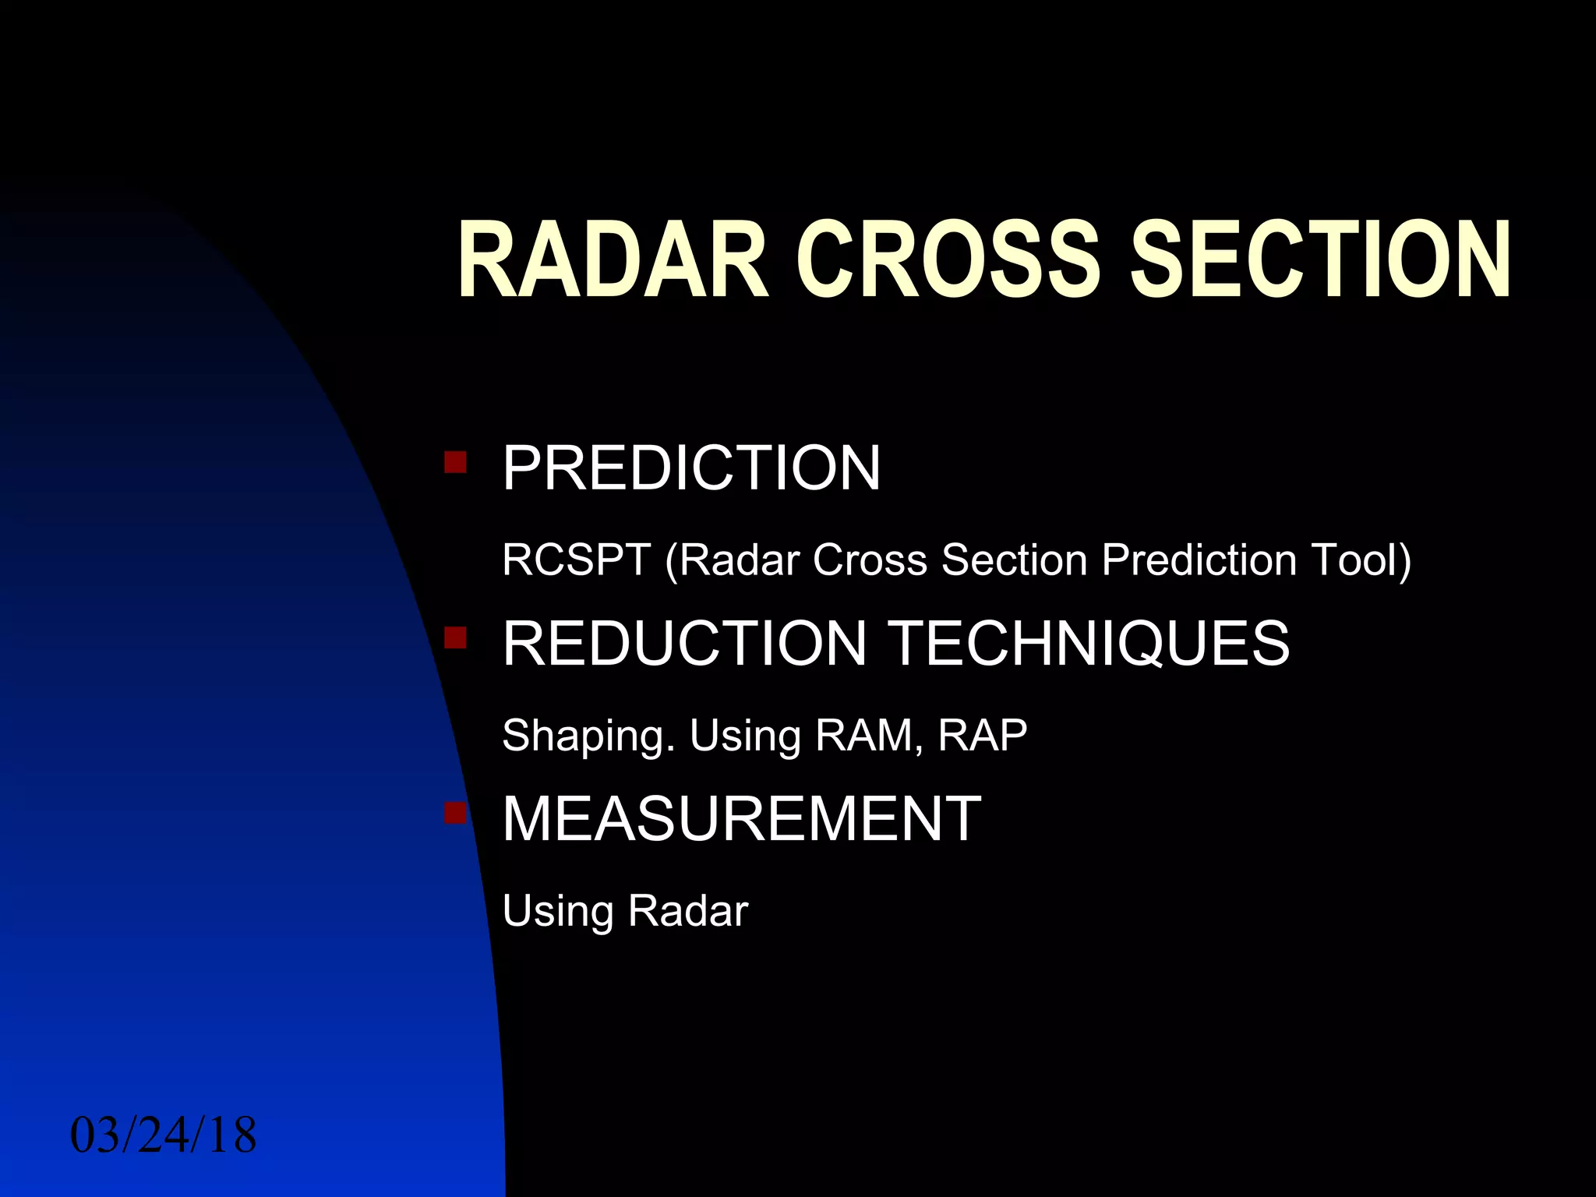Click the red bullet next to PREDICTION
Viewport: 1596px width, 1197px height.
click(455, 462)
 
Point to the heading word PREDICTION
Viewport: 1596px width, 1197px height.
click(691, 468)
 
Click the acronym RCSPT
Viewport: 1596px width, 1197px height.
click(576, 560)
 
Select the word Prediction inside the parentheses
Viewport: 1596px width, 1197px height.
click(1199, 560)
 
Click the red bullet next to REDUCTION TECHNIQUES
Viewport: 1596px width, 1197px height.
click(455, 638)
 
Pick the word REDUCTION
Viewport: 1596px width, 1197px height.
click(684, 644)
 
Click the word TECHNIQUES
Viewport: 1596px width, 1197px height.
click(1089, 644)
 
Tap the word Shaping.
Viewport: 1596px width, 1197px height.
click(588, 736)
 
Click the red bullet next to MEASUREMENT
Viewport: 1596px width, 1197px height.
click(455, 814)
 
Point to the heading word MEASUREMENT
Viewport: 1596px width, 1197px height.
click(741, 819)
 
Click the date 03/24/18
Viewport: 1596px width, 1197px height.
click(164, 1135)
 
